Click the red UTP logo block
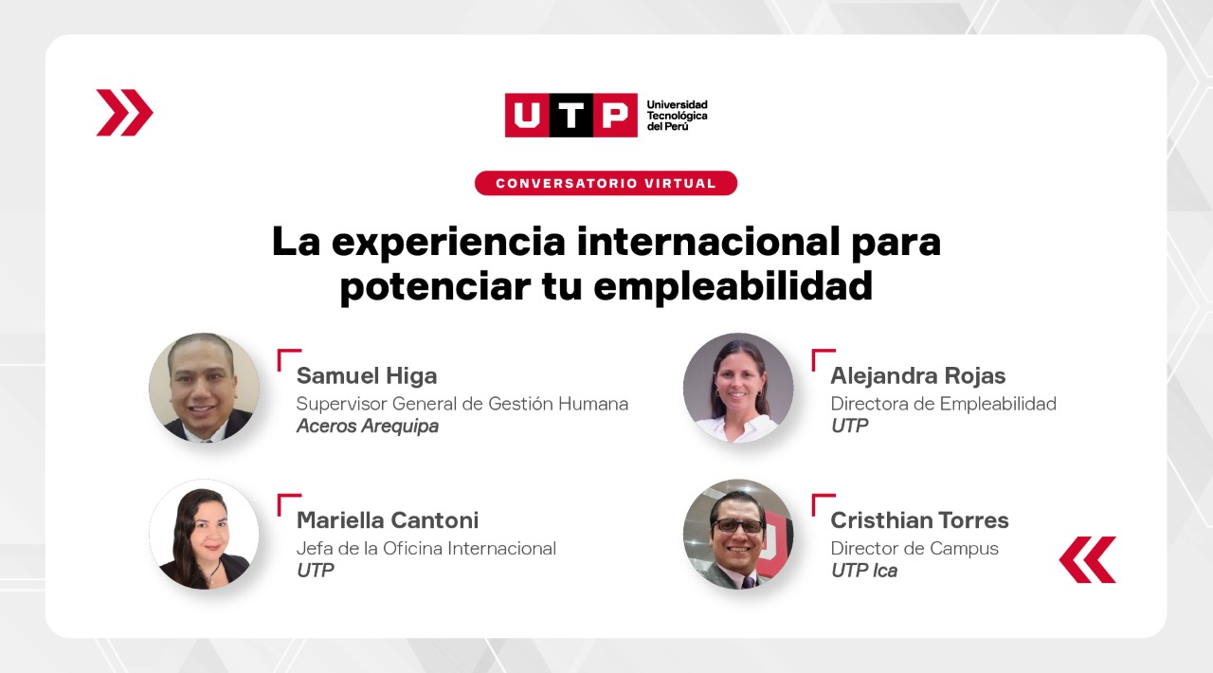[x=570, y=115]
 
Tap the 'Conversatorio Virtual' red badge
[x=606, y=183]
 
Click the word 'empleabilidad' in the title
[x=733, y=286]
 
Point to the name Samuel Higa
[x=367, y=375]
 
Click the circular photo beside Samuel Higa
[x=204, y=388]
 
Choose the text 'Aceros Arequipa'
[x=367, y=427]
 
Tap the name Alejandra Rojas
[x=918, y=375]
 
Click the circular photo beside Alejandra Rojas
[x=738, y=388]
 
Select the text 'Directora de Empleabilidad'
[x=943, y=404]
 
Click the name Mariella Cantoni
[x=388, y=520]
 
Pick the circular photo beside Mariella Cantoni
[x=204, y=535]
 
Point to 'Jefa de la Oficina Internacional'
[x=426, y=549]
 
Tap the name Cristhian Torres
[x=919, y=520]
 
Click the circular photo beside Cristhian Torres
[x=738, y=535]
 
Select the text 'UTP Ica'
[x=863, y=571]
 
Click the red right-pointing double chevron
[x=124, y=113]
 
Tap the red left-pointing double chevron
[x=1087, y=560]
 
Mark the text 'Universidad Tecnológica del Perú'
[x=677, y=116]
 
